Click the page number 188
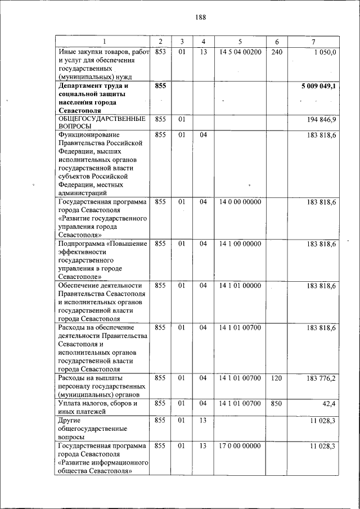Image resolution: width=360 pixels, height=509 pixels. click(x=201, y=17)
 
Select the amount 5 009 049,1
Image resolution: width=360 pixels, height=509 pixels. click(x=319, y=86)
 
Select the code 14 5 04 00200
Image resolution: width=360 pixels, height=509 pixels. click(x=240, y=52)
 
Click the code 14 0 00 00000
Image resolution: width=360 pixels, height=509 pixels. click(x=240, y=201)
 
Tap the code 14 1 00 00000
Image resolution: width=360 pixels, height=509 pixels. click(x=240, y=244)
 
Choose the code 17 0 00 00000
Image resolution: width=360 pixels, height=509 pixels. click(x=240, y=446)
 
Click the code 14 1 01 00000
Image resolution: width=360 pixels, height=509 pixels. click(x=240, y=286)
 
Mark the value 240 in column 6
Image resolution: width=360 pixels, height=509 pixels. click(x=276, y=52)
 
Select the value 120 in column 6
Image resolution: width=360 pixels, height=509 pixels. click(x=276, y=378)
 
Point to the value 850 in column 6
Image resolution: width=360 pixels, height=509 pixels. click(x=276, y=404)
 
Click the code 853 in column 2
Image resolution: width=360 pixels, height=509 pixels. click(x=160, y=52)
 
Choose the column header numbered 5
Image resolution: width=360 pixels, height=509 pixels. click(x=240, y=42)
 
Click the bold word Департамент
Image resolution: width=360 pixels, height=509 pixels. click(x=84, y=86)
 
